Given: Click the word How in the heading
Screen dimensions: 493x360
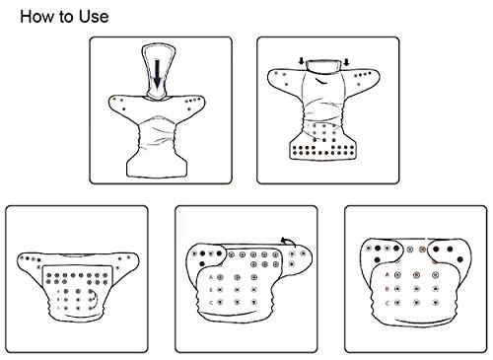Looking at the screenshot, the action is pos(36,17).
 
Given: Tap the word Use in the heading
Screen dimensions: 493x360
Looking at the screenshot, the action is pos(94,17).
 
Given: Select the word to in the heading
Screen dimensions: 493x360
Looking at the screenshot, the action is pos(66,17).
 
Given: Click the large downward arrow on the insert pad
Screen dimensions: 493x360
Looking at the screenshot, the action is pos(158,73).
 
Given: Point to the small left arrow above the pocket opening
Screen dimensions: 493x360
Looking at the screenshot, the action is pos(301,61).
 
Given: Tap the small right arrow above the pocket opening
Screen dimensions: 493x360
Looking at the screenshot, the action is pos(346,62).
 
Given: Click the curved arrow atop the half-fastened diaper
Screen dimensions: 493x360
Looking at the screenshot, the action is pos(288,242).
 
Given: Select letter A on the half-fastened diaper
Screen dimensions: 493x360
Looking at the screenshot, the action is pos(211,278).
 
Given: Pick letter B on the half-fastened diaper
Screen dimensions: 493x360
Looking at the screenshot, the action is pos(211,290).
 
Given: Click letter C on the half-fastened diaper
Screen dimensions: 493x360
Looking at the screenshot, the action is pos(211,303).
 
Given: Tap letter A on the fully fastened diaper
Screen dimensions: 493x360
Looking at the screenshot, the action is pos(387,275).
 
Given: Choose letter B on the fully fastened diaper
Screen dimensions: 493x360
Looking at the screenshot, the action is pos(387,289).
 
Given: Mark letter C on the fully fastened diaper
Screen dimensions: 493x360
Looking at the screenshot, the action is pos(387,303).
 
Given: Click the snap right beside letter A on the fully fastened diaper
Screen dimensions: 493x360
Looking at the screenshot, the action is pos(398,275).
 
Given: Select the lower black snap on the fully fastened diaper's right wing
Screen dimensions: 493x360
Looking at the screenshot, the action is pos(459,259).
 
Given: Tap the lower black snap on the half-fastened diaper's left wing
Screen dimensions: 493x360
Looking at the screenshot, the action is pos(202,263).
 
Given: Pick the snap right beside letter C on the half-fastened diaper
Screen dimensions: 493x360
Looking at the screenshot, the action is pos(220,302).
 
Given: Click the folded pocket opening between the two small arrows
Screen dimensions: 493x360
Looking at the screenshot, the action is pos(323,65).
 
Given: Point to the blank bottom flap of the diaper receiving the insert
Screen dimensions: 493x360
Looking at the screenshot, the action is pos(157,166).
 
